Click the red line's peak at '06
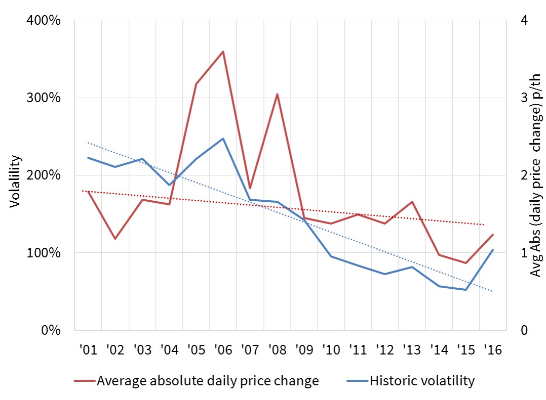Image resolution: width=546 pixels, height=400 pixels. pyautogui.click(x=223, y=52)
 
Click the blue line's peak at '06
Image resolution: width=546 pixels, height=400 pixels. pyautogui.click(x=223, y=139)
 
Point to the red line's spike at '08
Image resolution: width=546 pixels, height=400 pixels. pyautogui.click(x=277, y=94)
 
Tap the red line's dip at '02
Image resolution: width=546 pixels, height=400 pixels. pyautogui.click(x=115, y=239)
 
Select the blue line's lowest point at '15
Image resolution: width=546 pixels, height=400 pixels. pyautogui.click(x=465, y=290)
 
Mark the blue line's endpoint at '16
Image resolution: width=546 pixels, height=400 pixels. pyautogui.click(x=492, y=250)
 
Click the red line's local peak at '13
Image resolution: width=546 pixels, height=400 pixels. pyautogui.click(x=412, y=202)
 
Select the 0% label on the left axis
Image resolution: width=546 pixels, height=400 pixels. pyautogui.click(x=51, y=330)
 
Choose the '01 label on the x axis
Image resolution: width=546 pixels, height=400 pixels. pyautogui.click(x=88, y=349)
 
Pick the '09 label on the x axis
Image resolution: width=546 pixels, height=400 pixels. pyautogui.click(x=304, y=349)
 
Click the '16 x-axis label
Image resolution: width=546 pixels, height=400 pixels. pyautogui.click(x=492, y=349)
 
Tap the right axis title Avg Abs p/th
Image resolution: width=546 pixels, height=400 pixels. pyautogui.click(x=536, y=175)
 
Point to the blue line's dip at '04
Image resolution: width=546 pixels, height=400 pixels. pyautogui.click(x=169, y=185)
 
